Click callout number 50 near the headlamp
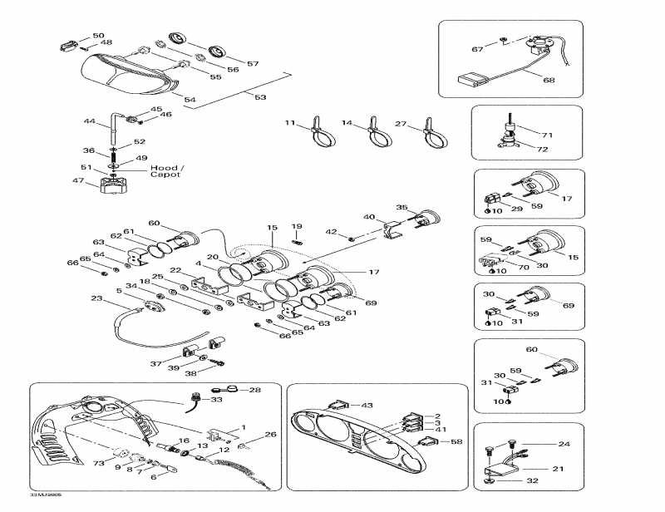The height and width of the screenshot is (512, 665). [x=98, y=36]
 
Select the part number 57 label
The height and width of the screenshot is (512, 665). [x=253, y=64]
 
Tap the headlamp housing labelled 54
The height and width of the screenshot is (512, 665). [x=125, y=75]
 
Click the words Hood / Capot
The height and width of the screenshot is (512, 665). [x=166, y=171]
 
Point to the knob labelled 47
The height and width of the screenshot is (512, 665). [x=112, y=184]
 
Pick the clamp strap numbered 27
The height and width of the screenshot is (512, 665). [x=433, y=134]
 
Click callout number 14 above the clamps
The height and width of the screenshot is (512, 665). [x=348, y=123]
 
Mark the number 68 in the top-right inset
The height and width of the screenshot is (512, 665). [x=549, y=81]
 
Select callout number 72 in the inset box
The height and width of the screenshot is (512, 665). [x=543, y=150]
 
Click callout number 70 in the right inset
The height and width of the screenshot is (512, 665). [x=525, y=268]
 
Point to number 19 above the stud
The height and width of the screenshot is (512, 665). [x=297, y=226]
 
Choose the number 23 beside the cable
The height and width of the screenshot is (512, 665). [x=96, y=299]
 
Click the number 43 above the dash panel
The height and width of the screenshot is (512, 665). [x=368, y=405]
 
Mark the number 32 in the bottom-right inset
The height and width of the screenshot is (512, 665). [x=532, y=481]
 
